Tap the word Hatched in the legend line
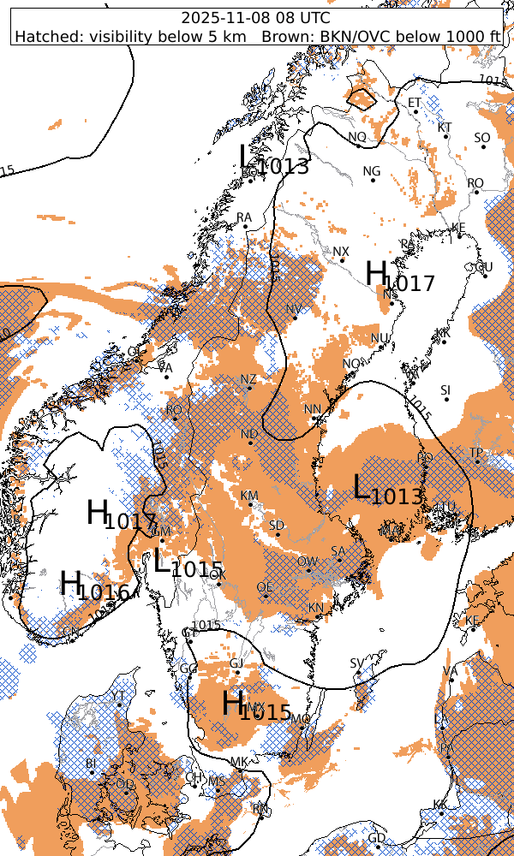tap(43, 36)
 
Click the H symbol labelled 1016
tap(71, 584)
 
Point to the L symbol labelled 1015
tap(164, 562)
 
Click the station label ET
tap(415, 103)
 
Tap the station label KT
tap(445, 127)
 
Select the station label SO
tap(481, 138)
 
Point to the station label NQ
tap(357, 137)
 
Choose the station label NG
tap(371, 171)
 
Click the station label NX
tap(341, 252)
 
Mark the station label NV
tap(294, 309)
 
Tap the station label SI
tap(445, 390)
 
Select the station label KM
tap(249, 496)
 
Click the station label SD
tap(277, 525)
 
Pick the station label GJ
tap(237, 663)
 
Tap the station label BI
tap(91, 763)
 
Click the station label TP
tap(476, 453)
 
